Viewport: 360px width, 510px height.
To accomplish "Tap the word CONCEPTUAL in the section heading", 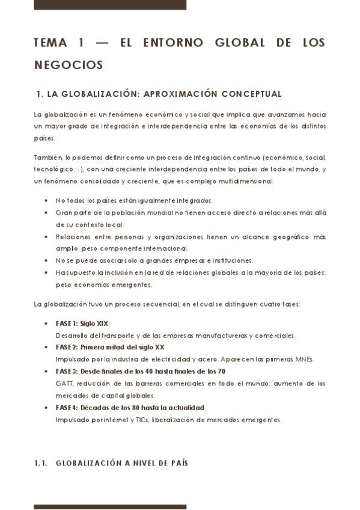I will [x=251, y=94].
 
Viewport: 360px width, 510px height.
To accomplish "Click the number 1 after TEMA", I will [x=81, y=43].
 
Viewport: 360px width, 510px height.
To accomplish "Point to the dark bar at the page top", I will [x=110, y=5].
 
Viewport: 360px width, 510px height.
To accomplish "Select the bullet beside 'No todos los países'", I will [x=47, y=200].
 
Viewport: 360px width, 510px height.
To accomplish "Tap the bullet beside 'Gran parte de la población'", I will [x=47, y=212].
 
